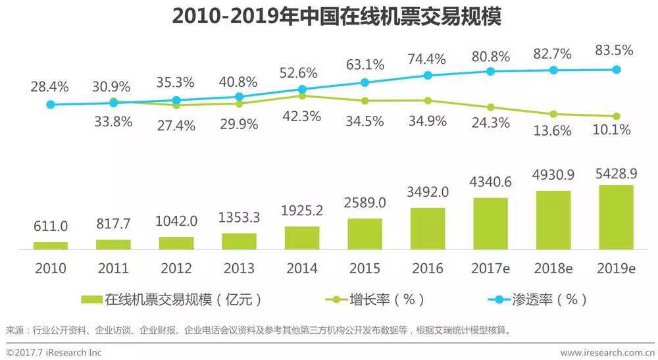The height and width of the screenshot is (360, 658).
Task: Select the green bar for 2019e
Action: tap(616, 217)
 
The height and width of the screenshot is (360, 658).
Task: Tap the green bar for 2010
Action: tap(51, 245)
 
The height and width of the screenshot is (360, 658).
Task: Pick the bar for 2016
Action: tap(428, 228)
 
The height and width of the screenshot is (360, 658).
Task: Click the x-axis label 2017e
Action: tap(491, 268)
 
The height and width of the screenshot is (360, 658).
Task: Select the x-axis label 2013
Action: tap(239, 268)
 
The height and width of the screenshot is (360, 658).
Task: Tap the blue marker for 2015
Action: tap(365, 82)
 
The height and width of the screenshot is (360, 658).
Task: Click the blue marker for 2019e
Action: tap(617, 69)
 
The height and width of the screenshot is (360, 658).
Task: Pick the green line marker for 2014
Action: tap(302, 96)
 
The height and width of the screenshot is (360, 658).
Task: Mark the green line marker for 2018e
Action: tap(553, 114)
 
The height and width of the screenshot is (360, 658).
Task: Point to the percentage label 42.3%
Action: tap(302, 116)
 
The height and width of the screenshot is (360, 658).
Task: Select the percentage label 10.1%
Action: tap(611, 130)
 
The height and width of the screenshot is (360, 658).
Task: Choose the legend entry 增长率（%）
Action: tap(375, 299)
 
